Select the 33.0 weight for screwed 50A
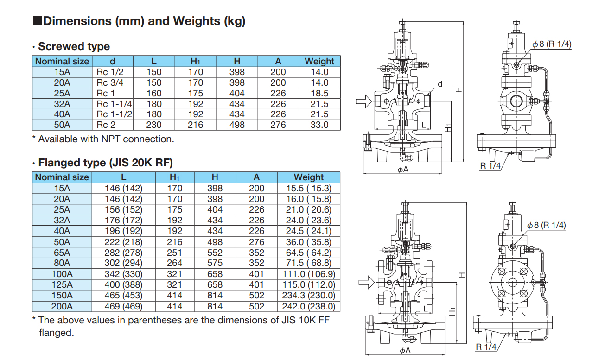[319, 125]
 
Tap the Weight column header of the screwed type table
[319, 61]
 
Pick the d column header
[112, 61]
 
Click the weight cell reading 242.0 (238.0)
[308, 306]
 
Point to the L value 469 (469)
[123, 306]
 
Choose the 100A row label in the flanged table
[62, 274]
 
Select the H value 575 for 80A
[214, 264]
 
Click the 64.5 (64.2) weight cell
[308, 253]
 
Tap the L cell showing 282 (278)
[123, 253]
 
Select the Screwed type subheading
[74, 46]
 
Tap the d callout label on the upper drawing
[440, 84]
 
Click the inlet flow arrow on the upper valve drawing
[364, 101]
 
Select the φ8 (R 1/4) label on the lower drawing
[547, 225]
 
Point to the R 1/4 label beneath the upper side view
[490, 166]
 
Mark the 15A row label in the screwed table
[62, 72]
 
